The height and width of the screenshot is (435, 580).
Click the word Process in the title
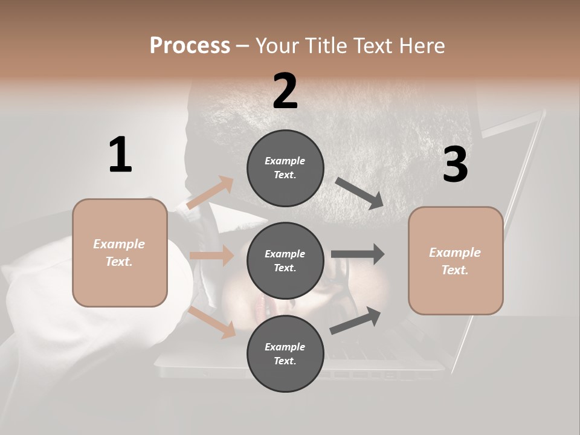pyautogui.click(x=190, y=45)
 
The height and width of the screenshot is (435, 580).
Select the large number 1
pyautogui.click(x=120, y=155)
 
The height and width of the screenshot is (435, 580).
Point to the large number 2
pyautogui.click(x=285, y=91)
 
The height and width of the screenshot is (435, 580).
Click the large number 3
pyautogui.click(x=455, y=164)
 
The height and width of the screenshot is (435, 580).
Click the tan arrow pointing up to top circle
pyautogui.click(x=211, y=192)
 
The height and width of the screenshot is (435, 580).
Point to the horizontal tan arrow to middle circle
pyautogui.click(x=211, y=256)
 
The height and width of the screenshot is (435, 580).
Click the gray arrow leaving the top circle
pyautogui.click(x=359, y=193)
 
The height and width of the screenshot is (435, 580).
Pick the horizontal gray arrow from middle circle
pyautogui.click(x=358, y=254)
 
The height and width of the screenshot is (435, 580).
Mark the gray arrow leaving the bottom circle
pyautogui.click(x=355, y=320)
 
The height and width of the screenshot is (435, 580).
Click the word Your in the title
pyautogui.click(x=276, y=45)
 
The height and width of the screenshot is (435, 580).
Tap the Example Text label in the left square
pyautogui.click(x=119, y=253)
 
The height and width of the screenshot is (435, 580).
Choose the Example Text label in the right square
pyautogui.click(x=455, y=261)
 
